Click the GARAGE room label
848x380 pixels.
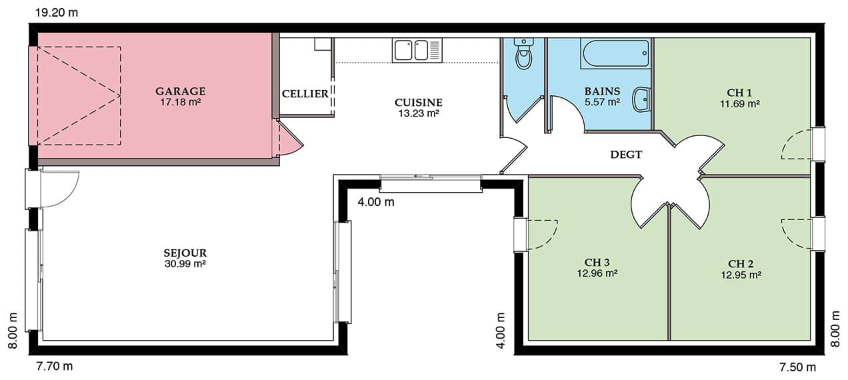[x=180, y=91]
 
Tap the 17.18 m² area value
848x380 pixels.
[x=180, y=102]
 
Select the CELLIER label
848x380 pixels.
[x=305, y=94]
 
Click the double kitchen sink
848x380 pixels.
[x=417, y=51]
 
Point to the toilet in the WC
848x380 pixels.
[x=524, y=54]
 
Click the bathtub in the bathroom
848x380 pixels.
[x=616, y=53]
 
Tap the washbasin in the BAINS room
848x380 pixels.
[x=642, y=99]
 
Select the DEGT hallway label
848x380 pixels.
[x=626, y=155]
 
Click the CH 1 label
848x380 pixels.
[x=739, y=93]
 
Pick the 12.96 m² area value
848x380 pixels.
[x=597, y=273]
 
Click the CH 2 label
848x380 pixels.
[x=741, y=264]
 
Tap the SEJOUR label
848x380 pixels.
[x=185, y=253]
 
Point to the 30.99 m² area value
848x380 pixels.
[x=185, y=264]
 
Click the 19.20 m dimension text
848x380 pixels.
[x=57, y=13]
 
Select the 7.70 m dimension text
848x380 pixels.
[x=55, y=367]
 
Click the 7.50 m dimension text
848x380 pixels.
[x=797, y=367]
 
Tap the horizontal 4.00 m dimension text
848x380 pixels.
[x=376, y=202]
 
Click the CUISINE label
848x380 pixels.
[x=418, y=103]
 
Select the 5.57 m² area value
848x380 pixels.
[x=602, y=102]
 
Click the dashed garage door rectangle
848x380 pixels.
[x=79, y=47]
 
